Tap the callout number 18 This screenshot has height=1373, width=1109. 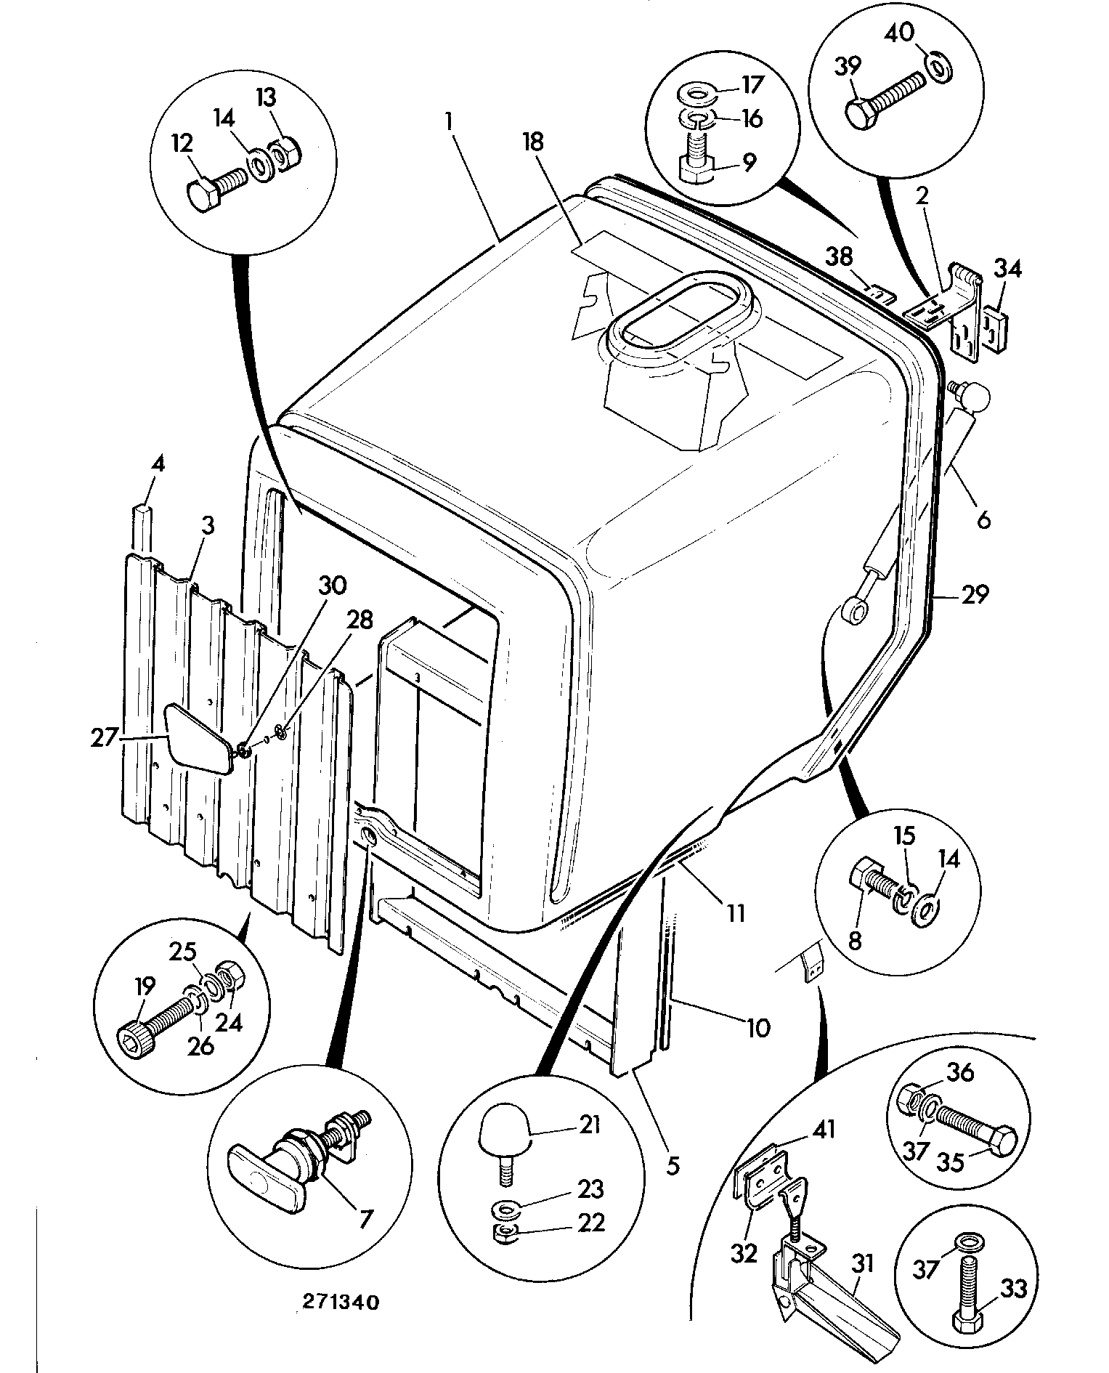[x=533, y=141]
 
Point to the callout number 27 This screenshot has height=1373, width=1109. [x=104, y=737]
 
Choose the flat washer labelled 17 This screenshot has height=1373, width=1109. [x=696, y=94]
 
